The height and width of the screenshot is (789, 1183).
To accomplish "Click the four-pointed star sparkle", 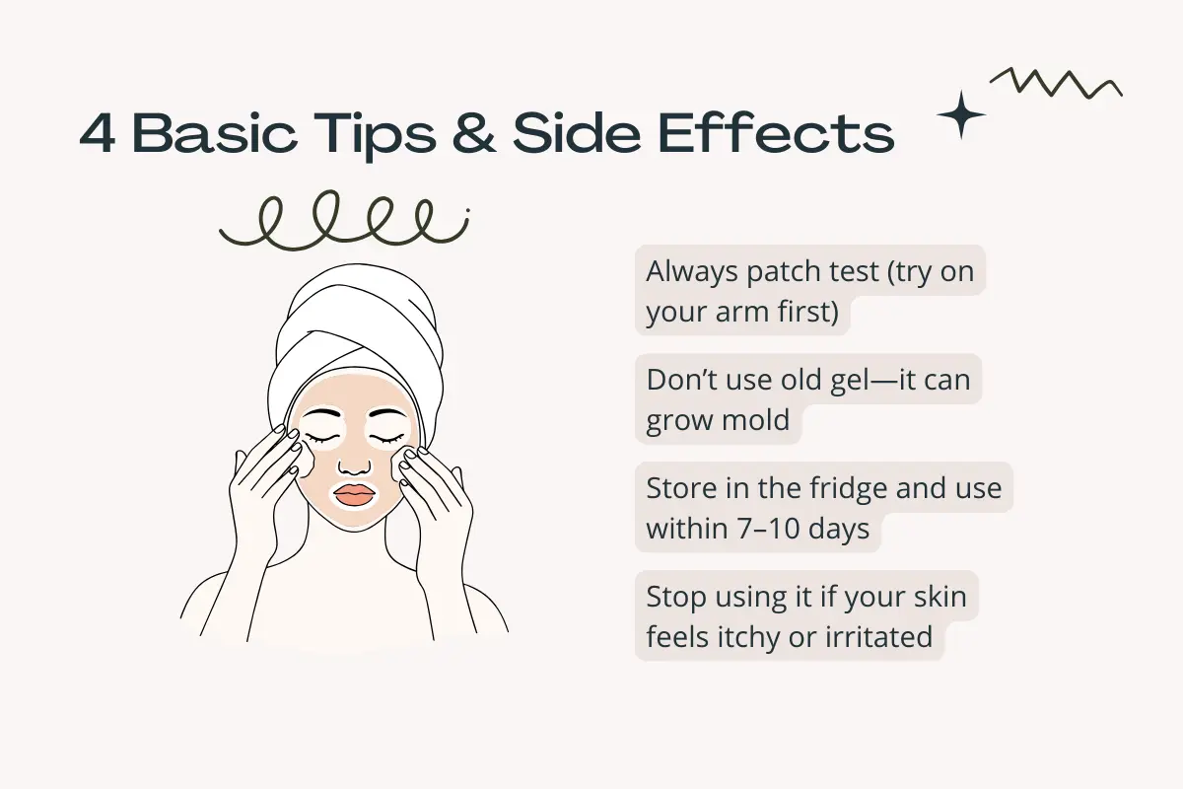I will [x=961, y=116].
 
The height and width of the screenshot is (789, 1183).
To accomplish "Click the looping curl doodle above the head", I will [x=345, y=222].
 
